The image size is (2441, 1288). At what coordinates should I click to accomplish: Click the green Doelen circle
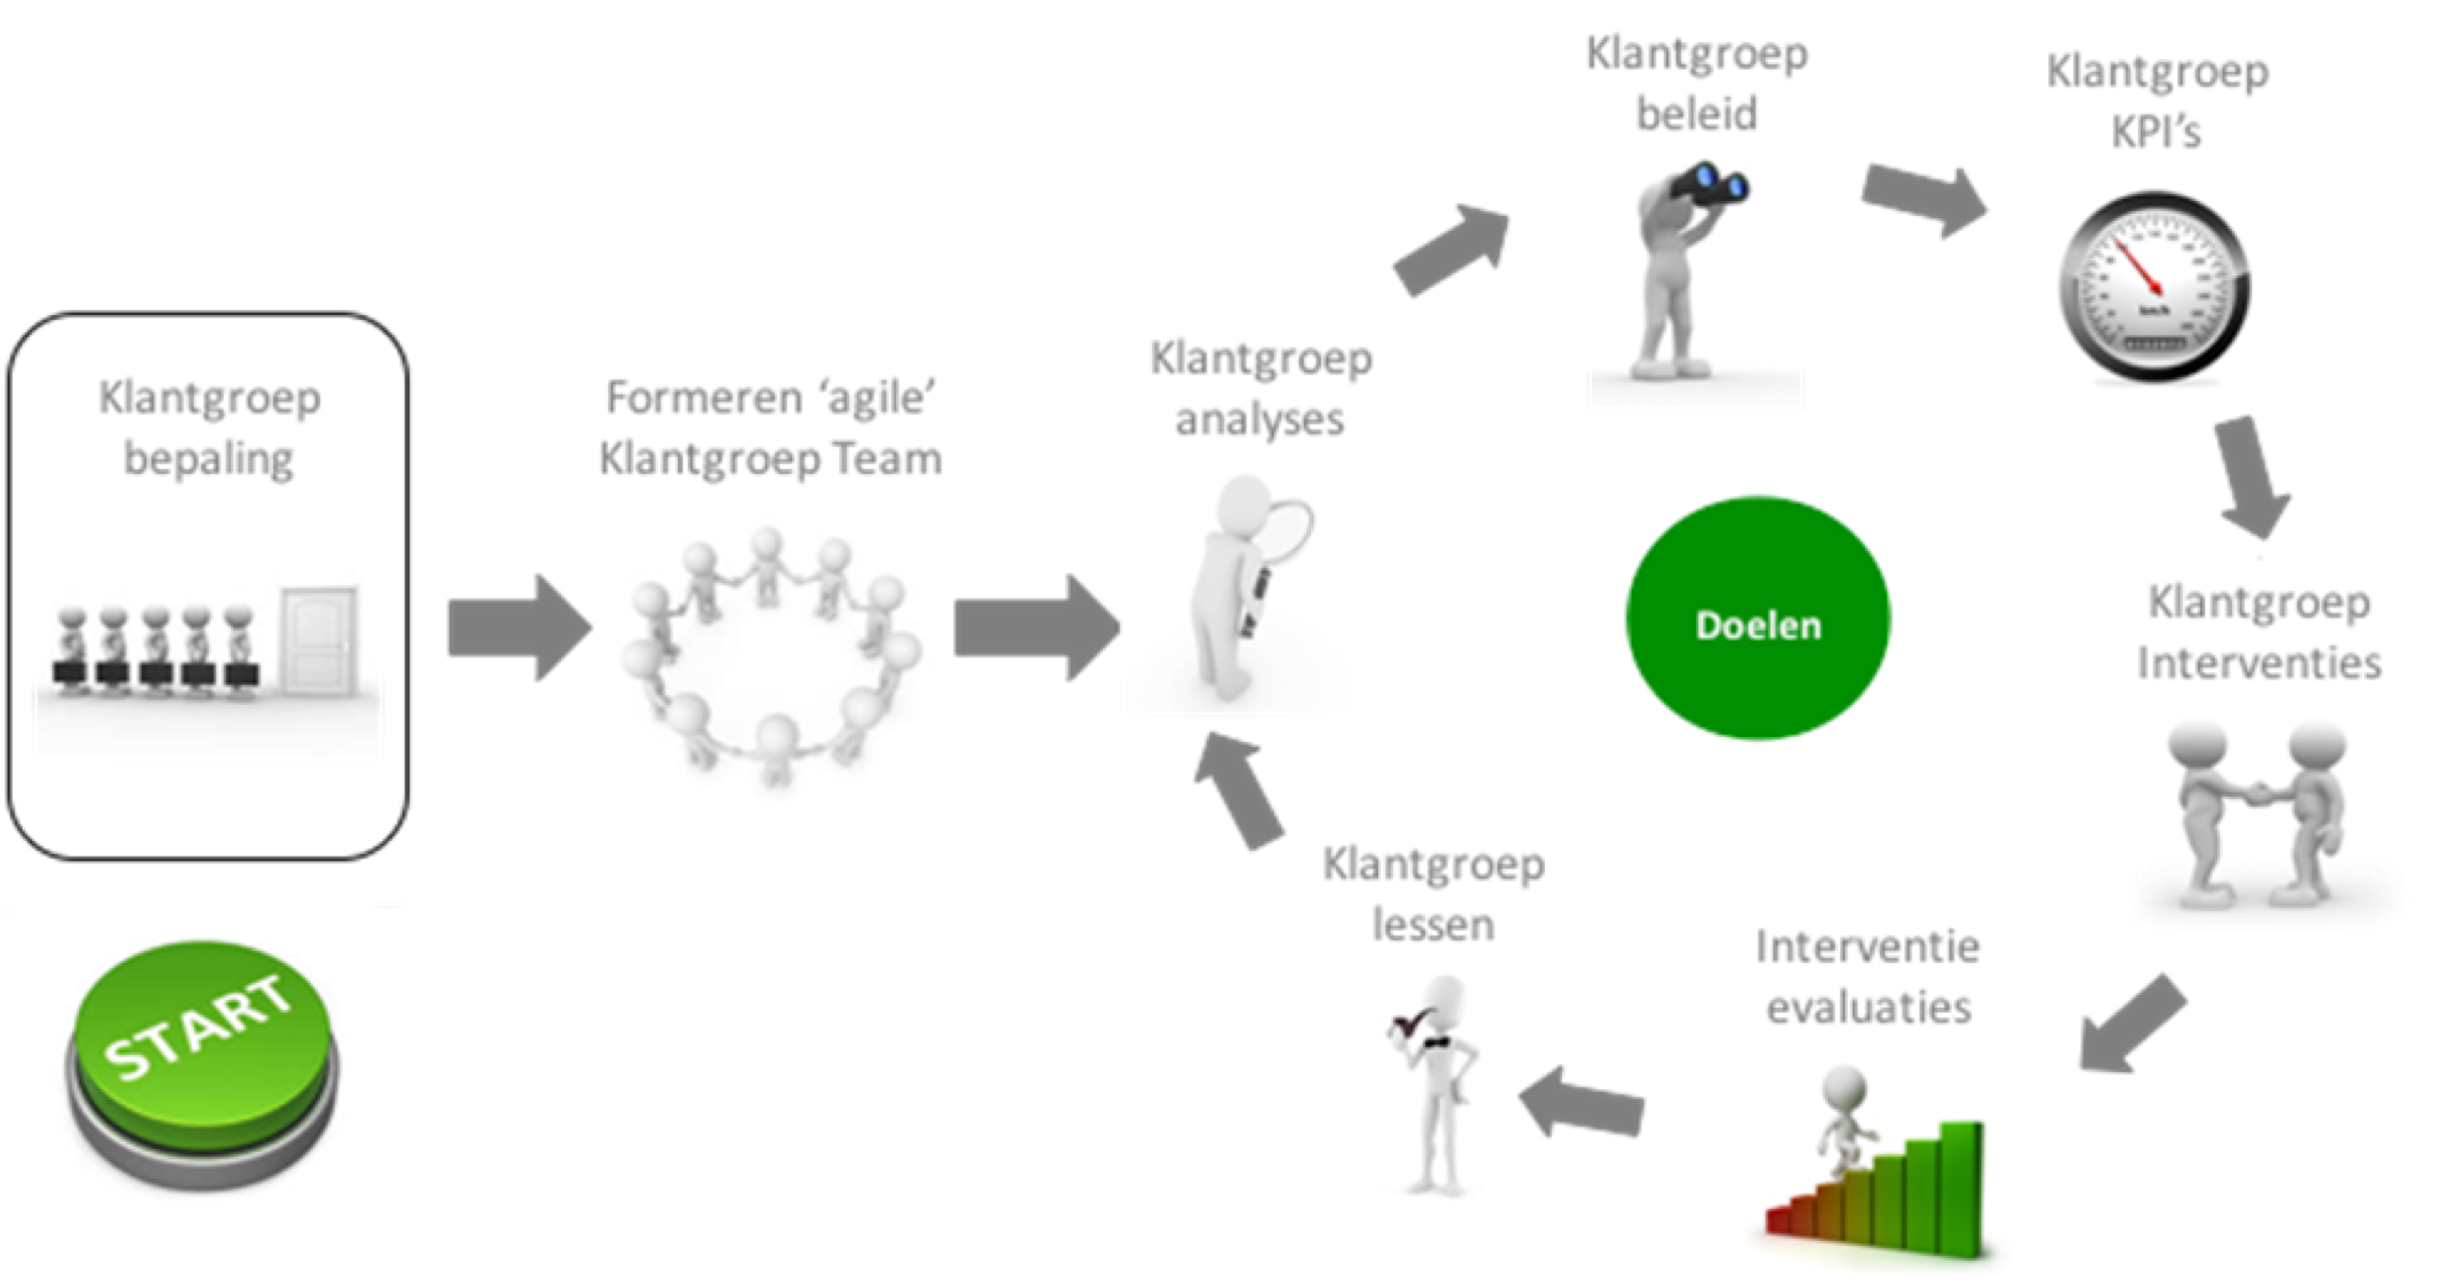(x=1758, y=620)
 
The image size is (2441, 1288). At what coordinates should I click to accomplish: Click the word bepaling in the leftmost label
(x=210, y=459)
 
